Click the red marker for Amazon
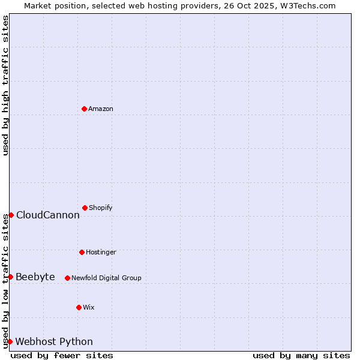tap(84, 109)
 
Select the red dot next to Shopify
tap(85, 208)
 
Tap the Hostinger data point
tap(82, 252)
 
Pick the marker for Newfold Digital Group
tap(67, 278)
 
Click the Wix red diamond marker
tap(79, 307)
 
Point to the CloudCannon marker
tap(11, 215)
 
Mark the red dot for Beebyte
tap(10, 277)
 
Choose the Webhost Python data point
tap(10, 341)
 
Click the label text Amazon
tap(101, 109)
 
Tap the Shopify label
tap(101, 208)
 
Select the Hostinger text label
tap(101, 253)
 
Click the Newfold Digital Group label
tap(106, 278)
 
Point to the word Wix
tap(89, 308)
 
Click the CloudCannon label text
tap(48, 215)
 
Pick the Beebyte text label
tap(35, 277)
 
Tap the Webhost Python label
tap(54, 342)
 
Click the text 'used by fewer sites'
tap(62, 355)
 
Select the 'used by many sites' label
tap(301, 355)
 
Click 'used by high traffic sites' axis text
tap(5, 85)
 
